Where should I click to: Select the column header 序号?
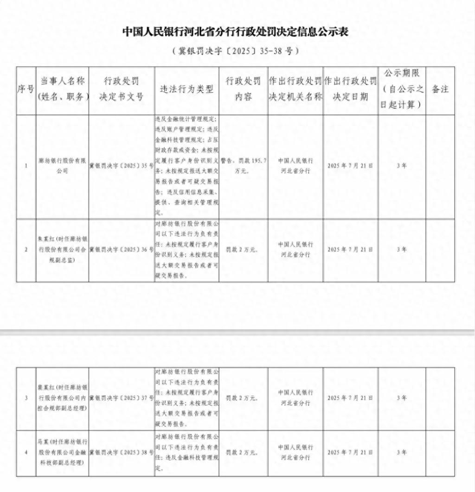(x=26, y=89)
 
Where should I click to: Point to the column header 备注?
(x=440, y=89)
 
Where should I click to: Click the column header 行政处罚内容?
(x=243, y=89)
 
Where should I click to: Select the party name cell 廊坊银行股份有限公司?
(x=62, y=165)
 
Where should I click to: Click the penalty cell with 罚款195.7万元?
(x=243, y=165)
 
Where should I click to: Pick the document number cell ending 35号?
(x=121, y=165)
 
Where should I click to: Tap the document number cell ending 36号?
(x=121, y=249)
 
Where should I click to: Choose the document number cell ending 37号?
(x=121, y=397)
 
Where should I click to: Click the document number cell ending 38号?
(x=121, y=452)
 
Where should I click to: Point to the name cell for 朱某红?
(x=62, y=249)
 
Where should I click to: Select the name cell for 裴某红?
(x=62, y=397)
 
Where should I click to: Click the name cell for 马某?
(x=62, y=452)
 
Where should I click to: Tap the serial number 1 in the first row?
(x=26, y=165)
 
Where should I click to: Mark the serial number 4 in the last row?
(x=26, y=452)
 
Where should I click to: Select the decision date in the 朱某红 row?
(x=350, y=249)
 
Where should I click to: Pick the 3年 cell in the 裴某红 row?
(x=402, y=397)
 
